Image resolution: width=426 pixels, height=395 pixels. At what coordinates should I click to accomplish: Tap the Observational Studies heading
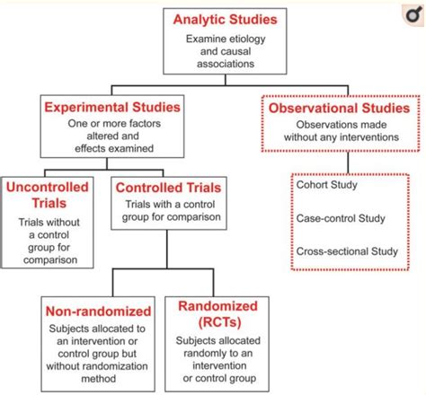pos(339,108)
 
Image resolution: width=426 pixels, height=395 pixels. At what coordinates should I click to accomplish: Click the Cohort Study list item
pos(327,185)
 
